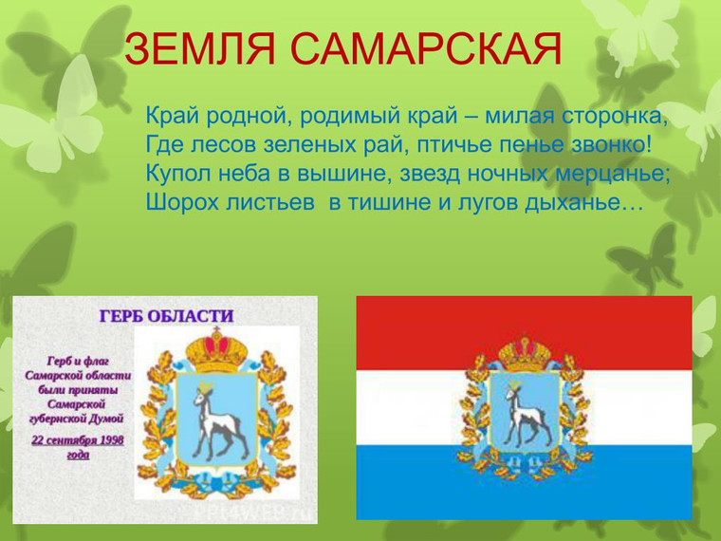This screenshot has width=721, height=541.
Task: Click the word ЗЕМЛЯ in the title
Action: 199,48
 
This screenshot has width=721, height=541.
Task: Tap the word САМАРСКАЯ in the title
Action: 426,48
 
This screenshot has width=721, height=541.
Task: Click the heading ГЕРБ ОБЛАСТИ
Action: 166,316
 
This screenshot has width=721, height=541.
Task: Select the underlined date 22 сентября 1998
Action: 77,440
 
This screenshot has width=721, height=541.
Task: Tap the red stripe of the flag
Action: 524,333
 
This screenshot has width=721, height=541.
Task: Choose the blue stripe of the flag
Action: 524,482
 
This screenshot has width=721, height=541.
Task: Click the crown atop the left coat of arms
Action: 216,350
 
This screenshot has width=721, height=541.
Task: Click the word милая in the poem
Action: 519,116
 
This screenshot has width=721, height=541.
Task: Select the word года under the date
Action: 78,455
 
